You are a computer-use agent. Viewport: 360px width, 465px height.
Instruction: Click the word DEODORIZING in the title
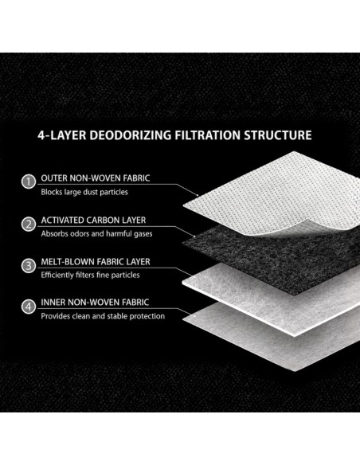[130, 135]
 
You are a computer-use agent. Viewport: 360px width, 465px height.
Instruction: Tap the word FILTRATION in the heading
[208, 135]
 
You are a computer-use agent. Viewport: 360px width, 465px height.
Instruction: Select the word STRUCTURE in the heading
[278, 135]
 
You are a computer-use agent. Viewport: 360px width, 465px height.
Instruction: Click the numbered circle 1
[29, 182]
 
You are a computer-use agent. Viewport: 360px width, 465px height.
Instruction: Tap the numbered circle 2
[29, 224]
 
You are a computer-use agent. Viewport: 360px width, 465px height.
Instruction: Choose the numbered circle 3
[29, 265]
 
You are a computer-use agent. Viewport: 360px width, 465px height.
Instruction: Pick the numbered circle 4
[29, 306]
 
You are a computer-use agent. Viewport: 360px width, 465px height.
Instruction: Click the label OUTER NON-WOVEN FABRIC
[96, 178]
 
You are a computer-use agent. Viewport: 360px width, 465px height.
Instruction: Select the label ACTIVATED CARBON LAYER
[93, 220]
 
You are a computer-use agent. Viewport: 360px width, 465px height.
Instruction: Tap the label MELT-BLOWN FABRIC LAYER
[96, 261]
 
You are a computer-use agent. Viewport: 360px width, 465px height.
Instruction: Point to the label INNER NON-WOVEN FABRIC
[95, 303]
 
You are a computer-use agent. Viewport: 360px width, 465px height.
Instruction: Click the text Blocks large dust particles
[84, 192]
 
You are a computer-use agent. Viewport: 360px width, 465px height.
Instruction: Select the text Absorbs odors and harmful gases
[96, 233]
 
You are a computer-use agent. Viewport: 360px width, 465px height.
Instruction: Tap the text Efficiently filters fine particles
[90, 275]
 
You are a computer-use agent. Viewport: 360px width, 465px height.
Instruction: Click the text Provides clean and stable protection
[103, 316]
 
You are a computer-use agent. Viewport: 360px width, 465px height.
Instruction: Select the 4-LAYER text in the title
[61, 135]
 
